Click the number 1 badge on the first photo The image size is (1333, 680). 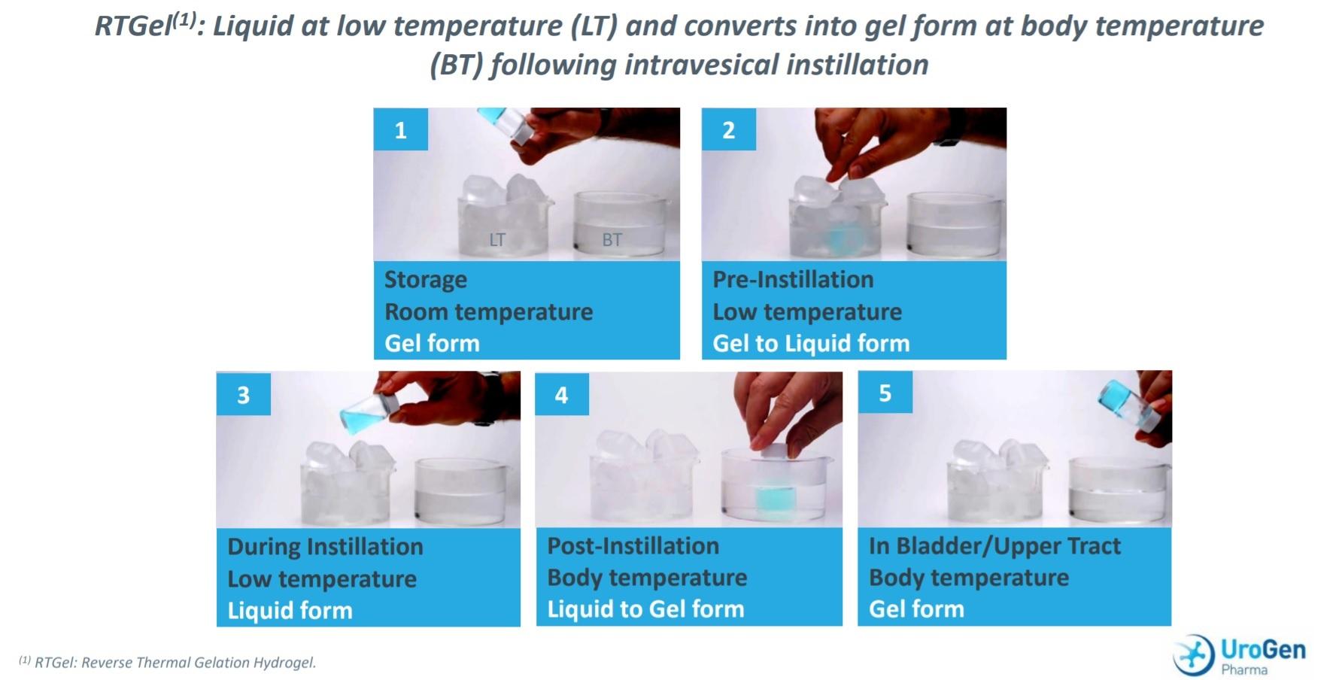tap(401, 129)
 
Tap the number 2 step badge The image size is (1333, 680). tap(729, 129)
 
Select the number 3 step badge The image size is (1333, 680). tap(244, 393)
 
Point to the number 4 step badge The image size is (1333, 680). tap(562, 393)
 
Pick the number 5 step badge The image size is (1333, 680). tap(885, 392)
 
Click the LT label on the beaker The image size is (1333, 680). tap(497, 240)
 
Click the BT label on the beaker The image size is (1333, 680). tap(612, 240)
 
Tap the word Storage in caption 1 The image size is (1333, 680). tap(426, 280)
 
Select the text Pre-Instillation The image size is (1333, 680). tap(793, 279)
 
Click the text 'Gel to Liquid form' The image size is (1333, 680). tap(811, 343)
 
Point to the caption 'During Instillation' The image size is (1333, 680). tap(325, 546)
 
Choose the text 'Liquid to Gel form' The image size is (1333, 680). tap(645, 609)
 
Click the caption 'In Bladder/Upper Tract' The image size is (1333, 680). tap(994, 545)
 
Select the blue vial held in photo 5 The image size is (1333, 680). tap(1126, 405)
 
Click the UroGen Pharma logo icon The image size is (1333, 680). tap(1194, 654)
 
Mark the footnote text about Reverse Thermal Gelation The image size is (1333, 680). tap(167, 663)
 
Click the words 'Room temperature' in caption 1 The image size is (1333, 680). tap(488, 311)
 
